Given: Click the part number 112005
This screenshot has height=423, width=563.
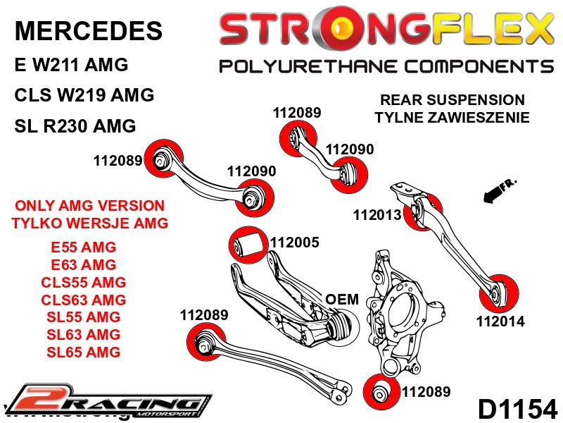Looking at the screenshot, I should pos(295,243).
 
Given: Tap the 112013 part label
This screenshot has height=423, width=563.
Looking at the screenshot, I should pos(378,215).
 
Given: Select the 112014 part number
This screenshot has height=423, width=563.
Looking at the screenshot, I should pos(500,321).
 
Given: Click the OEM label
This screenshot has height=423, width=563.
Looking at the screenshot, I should pos(342,299).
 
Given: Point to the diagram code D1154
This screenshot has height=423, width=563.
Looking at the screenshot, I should pos(517,408).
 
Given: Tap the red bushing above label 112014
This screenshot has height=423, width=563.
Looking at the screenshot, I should pos(502,289).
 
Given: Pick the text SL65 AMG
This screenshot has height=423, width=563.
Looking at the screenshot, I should pos(84,351).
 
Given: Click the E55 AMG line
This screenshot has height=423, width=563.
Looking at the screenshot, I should pos(84,247).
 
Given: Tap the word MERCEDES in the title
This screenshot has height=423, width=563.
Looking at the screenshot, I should pos(88,30).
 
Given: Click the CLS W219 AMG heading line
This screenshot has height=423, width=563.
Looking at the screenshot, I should pos(84,95).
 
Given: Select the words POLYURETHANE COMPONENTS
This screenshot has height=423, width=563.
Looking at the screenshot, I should pos(386,66).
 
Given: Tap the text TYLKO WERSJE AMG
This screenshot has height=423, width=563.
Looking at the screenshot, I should pos(89,223).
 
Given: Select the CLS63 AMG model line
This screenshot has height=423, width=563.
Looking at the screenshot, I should pos(84,300).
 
